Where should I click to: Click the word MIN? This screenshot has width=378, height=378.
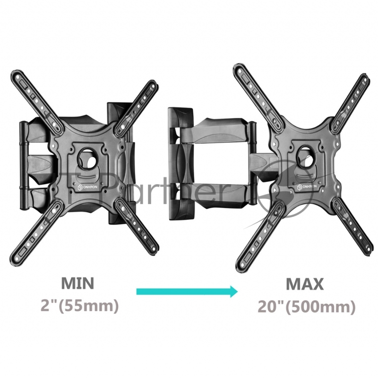click(77, 284)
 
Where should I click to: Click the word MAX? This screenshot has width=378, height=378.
click(305, 284)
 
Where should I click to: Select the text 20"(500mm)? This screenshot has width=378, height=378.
click(306, 306)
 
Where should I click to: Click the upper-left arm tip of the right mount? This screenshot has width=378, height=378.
click(241, 69)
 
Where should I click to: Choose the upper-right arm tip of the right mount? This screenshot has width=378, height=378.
click(364, 79)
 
